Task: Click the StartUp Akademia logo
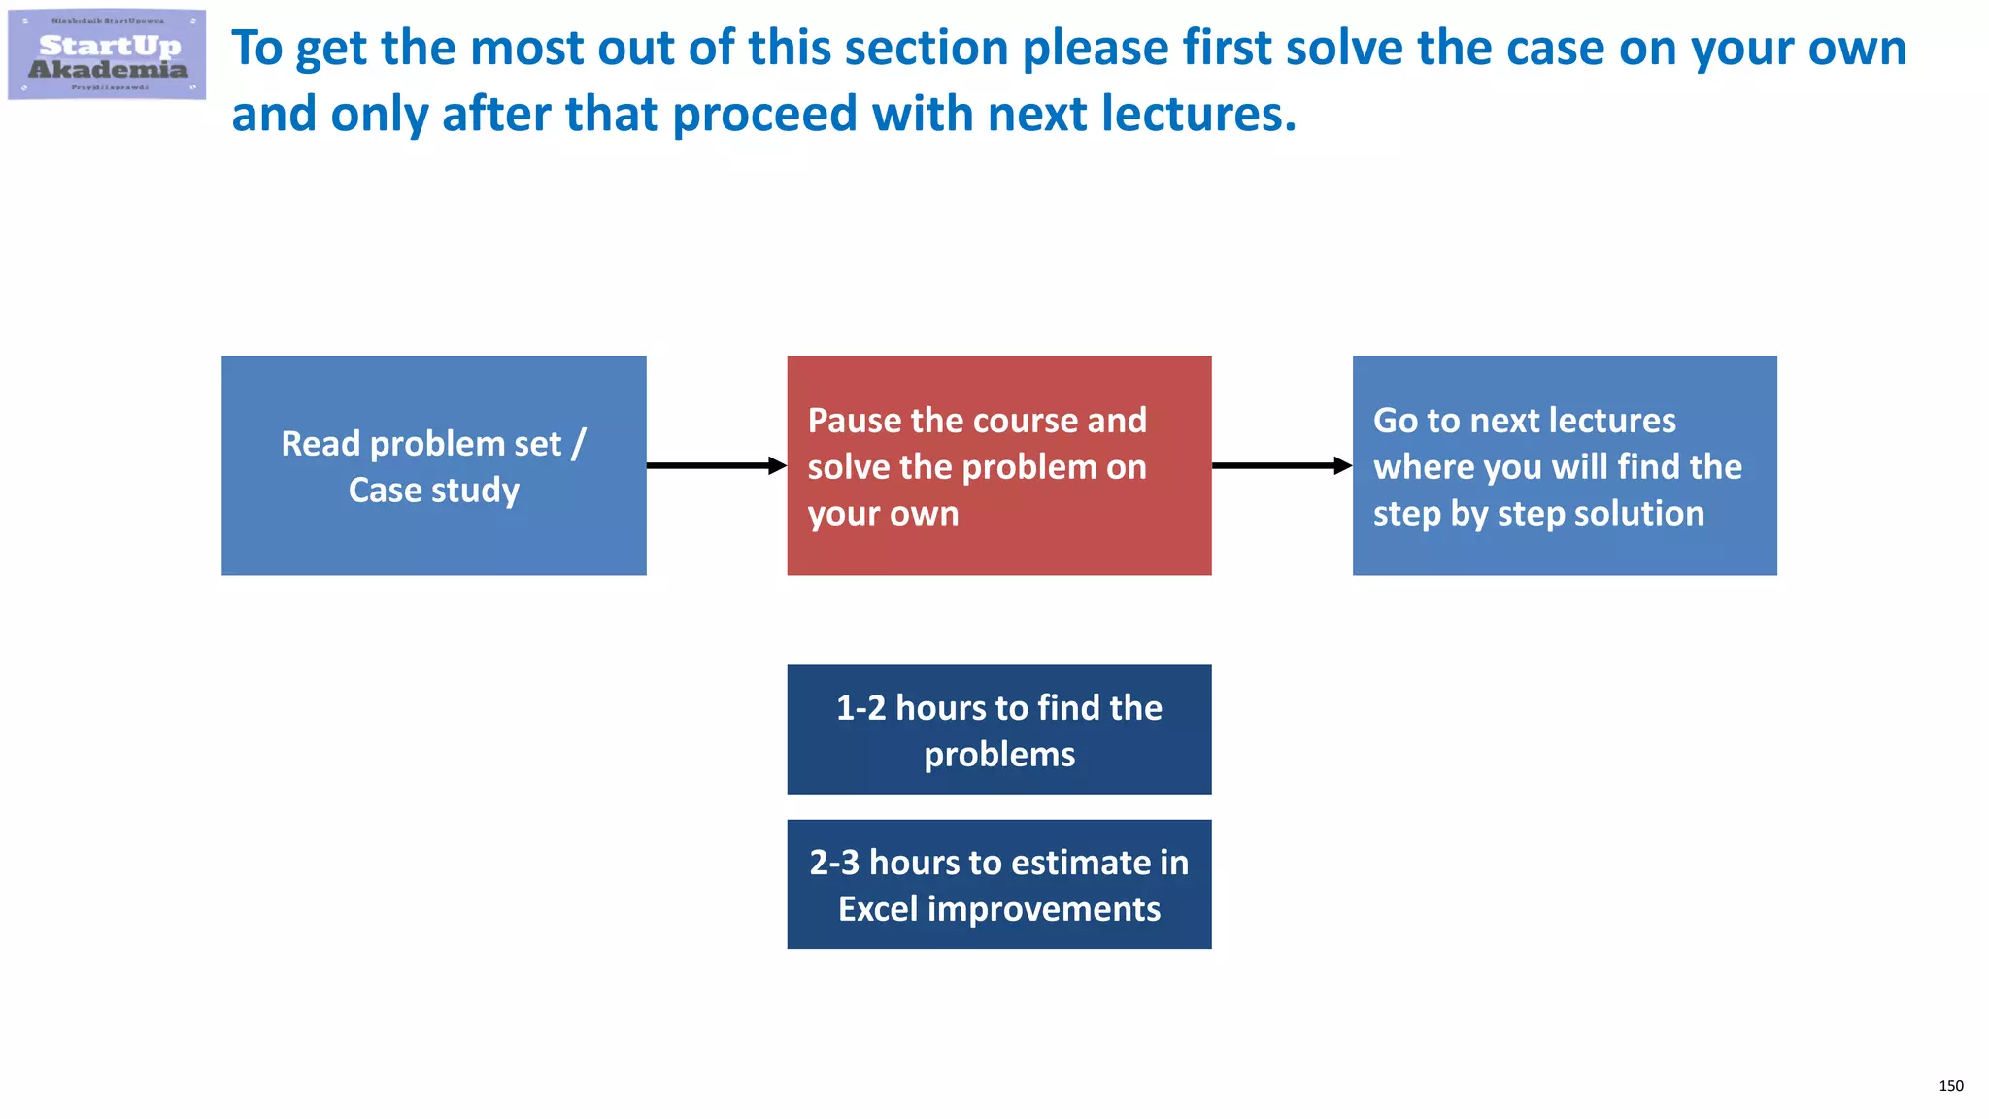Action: [107, 54]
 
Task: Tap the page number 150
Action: [1950, 1086]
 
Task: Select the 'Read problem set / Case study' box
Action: [433, 465]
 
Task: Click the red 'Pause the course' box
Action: [998, 465]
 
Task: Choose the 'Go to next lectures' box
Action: [1564, 465]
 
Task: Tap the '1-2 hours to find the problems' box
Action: [998, 729]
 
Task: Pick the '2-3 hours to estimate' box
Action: [998, 884]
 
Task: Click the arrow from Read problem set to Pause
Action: [716, 466]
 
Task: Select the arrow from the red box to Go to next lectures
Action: [1281, 466]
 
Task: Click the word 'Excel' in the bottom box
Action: [878, 909]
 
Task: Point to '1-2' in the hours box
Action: [860, 708]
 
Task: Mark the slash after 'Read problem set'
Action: [579, 444]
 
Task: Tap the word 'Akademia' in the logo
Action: [108, 69]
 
